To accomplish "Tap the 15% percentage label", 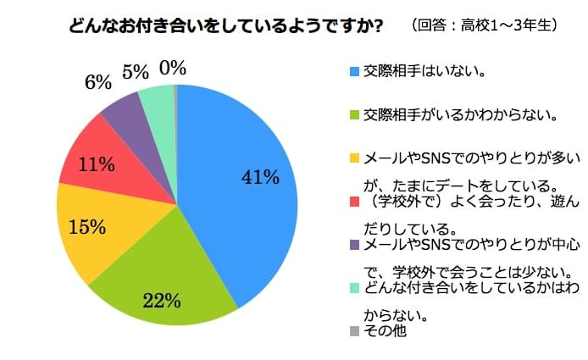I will click(86, 227).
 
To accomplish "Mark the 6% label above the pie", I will click(97, 82).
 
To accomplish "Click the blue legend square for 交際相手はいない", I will click(355, 70).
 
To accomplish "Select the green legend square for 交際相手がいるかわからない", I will click(355, 114).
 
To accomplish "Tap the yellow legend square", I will click(355, 158).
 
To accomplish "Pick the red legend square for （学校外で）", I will click(355, 202).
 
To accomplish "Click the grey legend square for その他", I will click(355, 330).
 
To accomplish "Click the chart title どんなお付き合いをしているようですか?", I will click(225, 26).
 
